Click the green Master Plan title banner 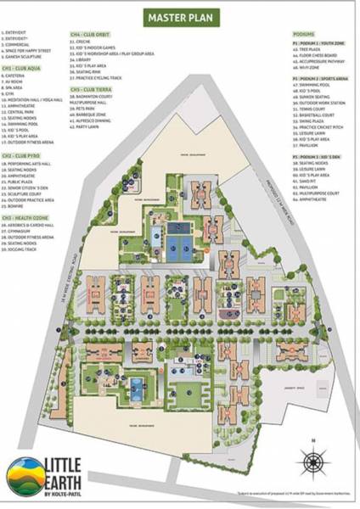pos(179,17)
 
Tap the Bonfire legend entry pos(20,204)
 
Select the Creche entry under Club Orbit pos(86,41)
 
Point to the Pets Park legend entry pos(88,108)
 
